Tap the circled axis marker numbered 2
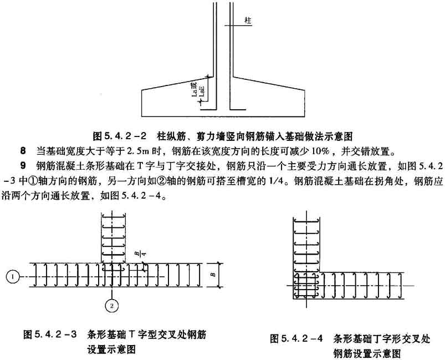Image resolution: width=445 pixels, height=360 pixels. tap(111, 305)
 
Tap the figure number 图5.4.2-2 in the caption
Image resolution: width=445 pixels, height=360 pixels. tap(119, 135)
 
